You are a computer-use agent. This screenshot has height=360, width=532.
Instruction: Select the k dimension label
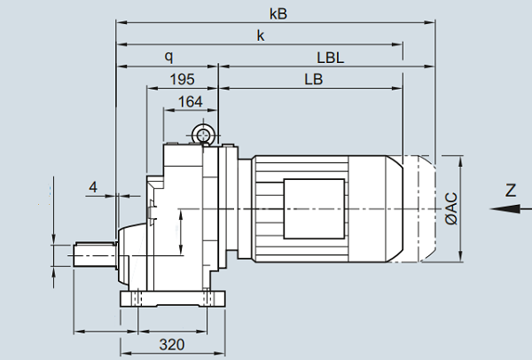tap(261, 35)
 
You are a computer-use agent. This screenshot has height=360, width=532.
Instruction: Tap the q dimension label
tap(168, 57)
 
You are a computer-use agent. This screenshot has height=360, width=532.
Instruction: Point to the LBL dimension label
tap(330, 57)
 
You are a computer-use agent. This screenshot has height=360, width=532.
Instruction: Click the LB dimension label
tap(312, 79)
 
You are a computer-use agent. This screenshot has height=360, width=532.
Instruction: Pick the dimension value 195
tap(182, 80)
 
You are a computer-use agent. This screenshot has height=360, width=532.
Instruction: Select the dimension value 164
tap(190, 101)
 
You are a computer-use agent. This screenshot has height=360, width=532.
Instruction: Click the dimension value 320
tap(170, 343)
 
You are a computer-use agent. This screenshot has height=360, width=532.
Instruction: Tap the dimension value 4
tap(93, 187)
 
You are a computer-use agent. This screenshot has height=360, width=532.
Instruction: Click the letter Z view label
tap(510, 189)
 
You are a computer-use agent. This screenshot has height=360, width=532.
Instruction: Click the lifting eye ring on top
tap(204, 135)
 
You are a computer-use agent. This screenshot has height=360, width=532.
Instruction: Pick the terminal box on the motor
tap(313, 208)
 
